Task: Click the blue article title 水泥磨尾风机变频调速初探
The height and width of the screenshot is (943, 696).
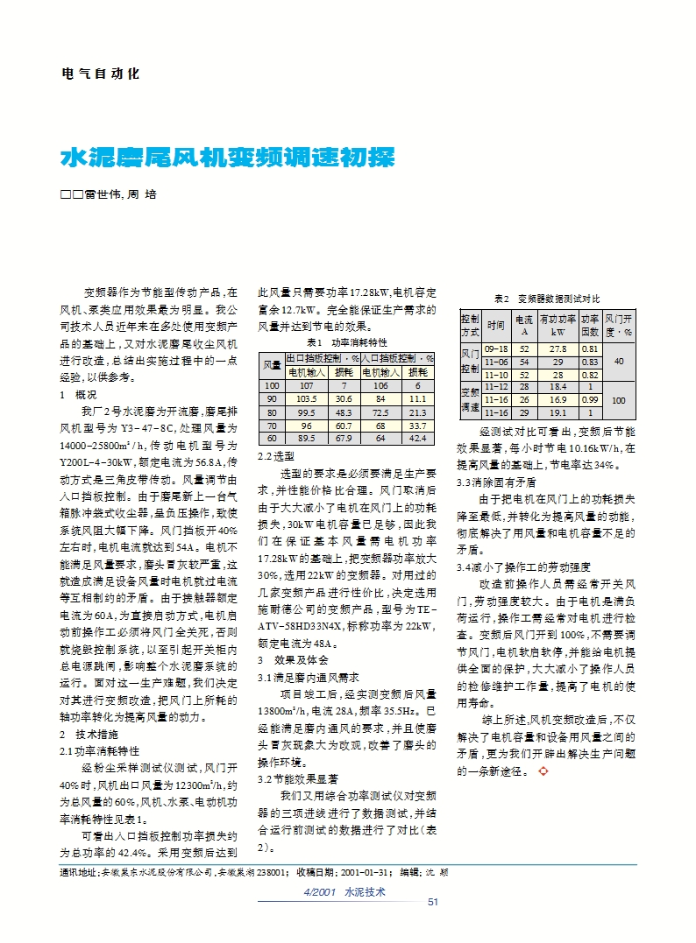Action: pos(227,158)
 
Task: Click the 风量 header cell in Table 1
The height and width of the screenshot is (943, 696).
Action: pos(272,364)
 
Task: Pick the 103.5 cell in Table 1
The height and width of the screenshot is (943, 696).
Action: pos(307,398)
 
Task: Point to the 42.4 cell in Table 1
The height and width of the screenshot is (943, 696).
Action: pos(418,438)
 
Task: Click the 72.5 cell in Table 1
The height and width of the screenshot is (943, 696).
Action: pos(380,412)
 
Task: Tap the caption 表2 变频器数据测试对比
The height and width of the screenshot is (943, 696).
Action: pos(548,299)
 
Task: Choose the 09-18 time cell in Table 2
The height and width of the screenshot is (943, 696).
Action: pos(497,348)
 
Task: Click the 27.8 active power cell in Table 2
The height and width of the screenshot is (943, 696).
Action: pos(558,348)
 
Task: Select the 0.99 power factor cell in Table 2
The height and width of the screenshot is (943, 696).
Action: pos(590,399)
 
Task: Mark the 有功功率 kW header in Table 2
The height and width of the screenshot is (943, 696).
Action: pos(558,326)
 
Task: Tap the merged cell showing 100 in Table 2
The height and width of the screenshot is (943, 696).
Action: pos(620,399)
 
